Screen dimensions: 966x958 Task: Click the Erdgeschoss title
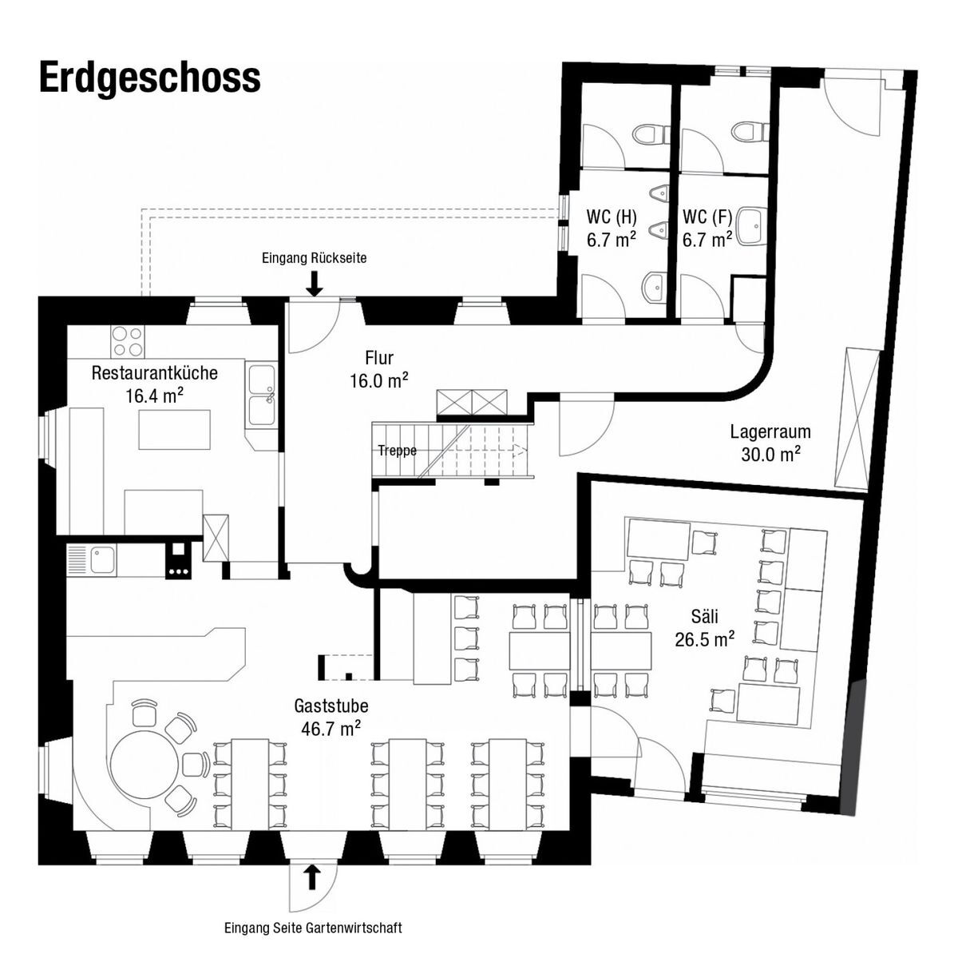(x=149, y=78)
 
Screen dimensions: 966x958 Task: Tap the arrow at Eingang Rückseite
(x=315, y=283)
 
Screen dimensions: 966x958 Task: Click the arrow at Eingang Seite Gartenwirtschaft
(x=312, y=877)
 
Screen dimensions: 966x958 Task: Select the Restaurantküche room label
(x=154, y=372)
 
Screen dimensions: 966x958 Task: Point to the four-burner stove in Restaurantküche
(x=127, y=342)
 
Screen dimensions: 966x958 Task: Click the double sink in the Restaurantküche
(x=261, y=396)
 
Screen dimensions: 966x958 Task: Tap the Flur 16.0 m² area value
(x=379, y=381)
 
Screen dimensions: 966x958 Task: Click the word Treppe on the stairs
(x=397, y=451)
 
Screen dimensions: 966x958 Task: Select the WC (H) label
(x=612, y=217)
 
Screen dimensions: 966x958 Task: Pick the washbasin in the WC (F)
(x=750, y=225)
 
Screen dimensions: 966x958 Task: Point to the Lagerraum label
(x=770, y=432)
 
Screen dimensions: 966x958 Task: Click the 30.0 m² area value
(x=770, y=454)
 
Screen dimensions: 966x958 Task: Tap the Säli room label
(x=704, y=616)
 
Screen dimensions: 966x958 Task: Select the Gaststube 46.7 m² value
(x=331, y=728)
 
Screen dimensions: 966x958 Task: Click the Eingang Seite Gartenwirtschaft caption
(x=313, y=928)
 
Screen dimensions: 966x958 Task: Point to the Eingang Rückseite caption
(x=314, y=258)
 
